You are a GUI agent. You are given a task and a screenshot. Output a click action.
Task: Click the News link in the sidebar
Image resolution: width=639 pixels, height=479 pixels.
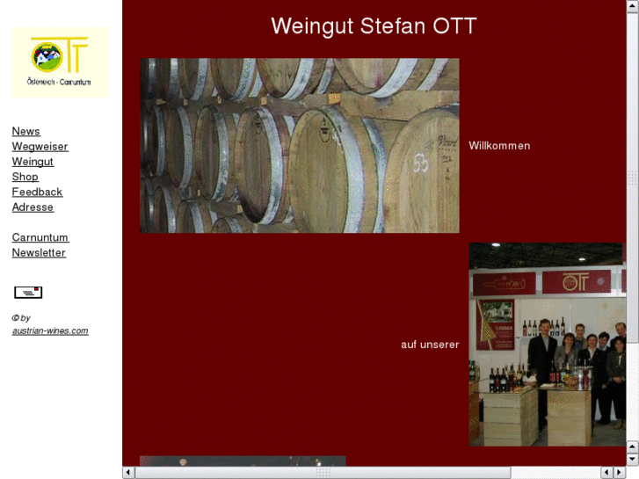(25, 132)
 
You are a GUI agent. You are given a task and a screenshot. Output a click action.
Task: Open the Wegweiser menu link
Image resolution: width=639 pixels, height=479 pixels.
(40, 147)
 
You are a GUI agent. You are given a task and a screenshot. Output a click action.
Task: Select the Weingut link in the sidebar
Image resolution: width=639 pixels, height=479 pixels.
(33, 162)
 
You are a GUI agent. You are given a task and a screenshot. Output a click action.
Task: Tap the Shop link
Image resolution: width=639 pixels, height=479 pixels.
(25, 177)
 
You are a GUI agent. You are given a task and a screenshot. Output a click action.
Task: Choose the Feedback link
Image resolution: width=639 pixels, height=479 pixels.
(37, 192)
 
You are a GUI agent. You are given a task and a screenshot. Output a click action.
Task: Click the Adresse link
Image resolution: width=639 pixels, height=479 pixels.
(33, 207)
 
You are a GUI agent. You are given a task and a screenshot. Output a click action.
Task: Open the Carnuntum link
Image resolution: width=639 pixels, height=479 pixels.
(40, 237)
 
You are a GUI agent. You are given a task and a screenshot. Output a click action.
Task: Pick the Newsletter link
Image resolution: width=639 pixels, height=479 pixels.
(39, 253)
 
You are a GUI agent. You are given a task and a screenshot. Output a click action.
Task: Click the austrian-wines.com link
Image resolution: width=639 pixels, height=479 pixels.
(50, 330)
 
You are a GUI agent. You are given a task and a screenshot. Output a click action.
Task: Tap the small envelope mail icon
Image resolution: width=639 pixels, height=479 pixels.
(28, 292)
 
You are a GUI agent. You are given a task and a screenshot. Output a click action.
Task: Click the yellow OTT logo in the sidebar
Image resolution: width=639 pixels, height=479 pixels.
(60, 62)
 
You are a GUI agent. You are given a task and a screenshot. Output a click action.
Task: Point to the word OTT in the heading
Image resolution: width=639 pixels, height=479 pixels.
(454, 26)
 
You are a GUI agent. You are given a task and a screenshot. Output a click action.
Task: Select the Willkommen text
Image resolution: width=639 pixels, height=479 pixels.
(499, 146)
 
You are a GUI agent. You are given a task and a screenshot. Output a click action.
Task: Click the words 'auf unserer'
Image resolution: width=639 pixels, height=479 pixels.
(430, 345)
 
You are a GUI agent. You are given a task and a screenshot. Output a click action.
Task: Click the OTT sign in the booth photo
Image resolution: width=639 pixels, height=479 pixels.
(576, 282)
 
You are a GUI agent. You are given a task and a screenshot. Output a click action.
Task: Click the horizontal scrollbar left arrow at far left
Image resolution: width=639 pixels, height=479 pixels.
(128, 473)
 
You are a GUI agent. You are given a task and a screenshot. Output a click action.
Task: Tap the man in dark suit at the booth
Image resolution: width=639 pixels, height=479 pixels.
(543, 352)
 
